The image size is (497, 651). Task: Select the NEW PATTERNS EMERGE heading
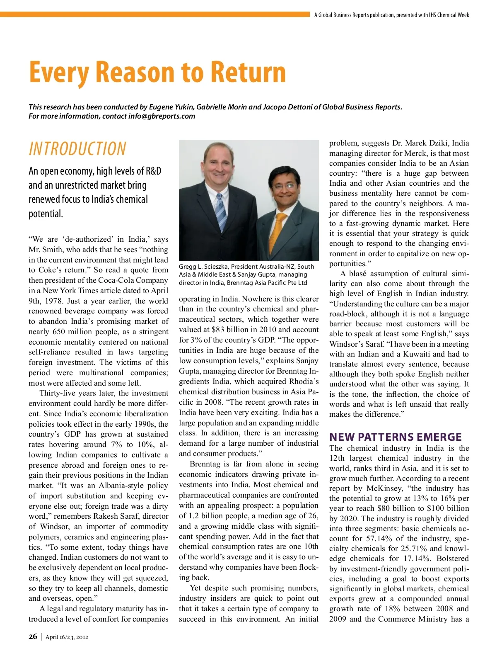pyautogui.click(x=395, y=437)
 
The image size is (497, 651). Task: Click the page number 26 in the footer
pyautogui.click(x=33, y=637)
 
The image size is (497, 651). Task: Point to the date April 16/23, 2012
pyautogui.click(x=67, y=637)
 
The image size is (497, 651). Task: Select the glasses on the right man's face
pyautogui.click(x=285, y=186)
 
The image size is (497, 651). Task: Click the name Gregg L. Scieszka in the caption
pyautogui.click(x=204, y=267)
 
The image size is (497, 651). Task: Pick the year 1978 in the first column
pyautogui.click(x=51, y=301)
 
